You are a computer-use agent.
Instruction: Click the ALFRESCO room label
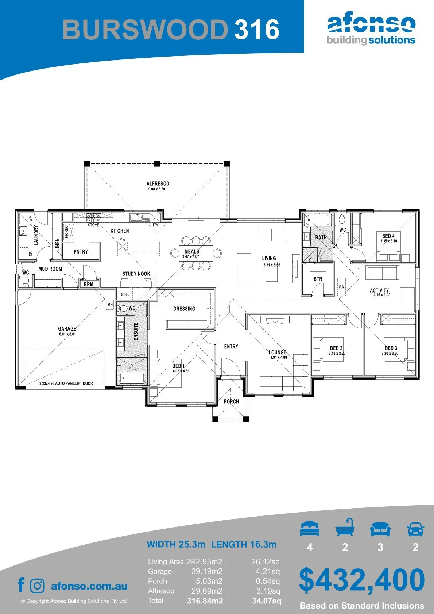(x=158, y=184)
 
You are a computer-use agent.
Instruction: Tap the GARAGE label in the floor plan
(x=67, y=328)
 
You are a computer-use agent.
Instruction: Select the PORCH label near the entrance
(x=231, y=402)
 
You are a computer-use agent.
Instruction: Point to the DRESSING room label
(x=184, y=309)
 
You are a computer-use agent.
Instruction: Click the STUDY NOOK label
(x=136, y=274)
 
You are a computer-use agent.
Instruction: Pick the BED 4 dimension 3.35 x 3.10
(x=388, y=241)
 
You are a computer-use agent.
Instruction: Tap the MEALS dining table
(x=196, y=253)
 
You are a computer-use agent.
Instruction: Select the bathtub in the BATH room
(x=318, y=220)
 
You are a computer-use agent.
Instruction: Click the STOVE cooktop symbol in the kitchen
(x=93, y=217)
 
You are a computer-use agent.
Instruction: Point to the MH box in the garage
(x=110, y=305)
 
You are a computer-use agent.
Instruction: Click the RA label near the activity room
(x=341, y=287)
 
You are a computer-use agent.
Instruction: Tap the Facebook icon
(x=21, y=584)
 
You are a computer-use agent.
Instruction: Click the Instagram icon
(x=37, y=586)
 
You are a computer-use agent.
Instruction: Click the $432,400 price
(x=362, y=579)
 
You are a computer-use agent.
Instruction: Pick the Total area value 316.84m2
(x=205, y=601)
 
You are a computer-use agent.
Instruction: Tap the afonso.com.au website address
(x=89, y=586)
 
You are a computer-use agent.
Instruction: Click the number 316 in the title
(x=257, y=29)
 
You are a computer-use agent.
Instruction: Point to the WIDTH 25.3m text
(x=176, y=544)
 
